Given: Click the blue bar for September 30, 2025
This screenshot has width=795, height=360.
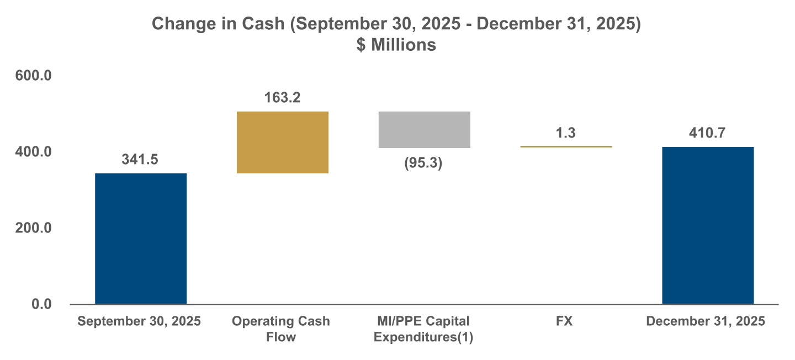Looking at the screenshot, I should pos(141,239).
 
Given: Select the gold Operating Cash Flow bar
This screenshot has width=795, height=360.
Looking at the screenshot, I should pos(283,142).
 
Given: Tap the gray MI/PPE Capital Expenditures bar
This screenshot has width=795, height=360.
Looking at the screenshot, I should pos(424,130).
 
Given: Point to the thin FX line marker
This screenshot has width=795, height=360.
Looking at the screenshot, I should pos(566,147).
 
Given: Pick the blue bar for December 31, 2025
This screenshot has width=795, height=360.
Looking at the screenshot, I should pos(708,225).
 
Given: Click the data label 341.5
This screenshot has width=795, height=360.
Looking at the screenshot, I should pos(140,160).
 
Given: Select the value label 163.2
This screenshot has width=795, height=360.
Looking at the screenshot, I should pos(282,98).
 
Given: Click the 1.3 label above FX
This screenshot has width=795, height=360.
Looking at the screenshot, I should pos(566,133).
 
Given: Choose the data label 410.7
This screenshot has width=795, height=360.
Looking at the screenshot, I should pos(708,133).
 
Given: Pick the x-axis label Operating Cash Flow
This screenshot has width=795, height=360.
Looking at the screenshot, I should pos(281,329).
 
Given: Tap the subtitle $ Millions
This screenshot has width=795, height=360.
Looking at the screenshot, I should pos(396,45).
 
